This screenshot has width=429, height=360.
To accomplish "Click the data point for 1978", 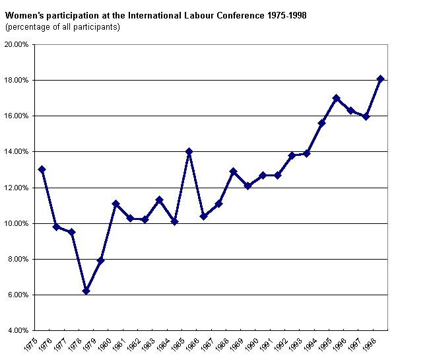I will pos(86,291).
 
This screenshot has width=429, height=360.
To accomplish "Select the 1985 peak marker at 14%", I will pos(189,151).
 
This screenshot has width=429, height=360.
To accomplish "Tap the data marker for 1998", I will pos(380,79).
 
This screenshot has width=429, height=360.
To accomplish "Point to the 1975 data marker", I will pos(42,169).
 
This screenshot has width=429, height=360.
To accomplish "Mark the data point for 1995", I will pos(336,98).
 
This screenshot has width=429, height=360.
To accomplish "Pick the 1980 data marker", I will pos(115,203).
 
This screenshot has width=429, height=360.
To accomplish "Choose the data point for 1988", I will pos(233,171).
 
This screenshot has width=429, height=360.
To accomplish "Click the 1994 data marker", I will pos(321,123).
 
